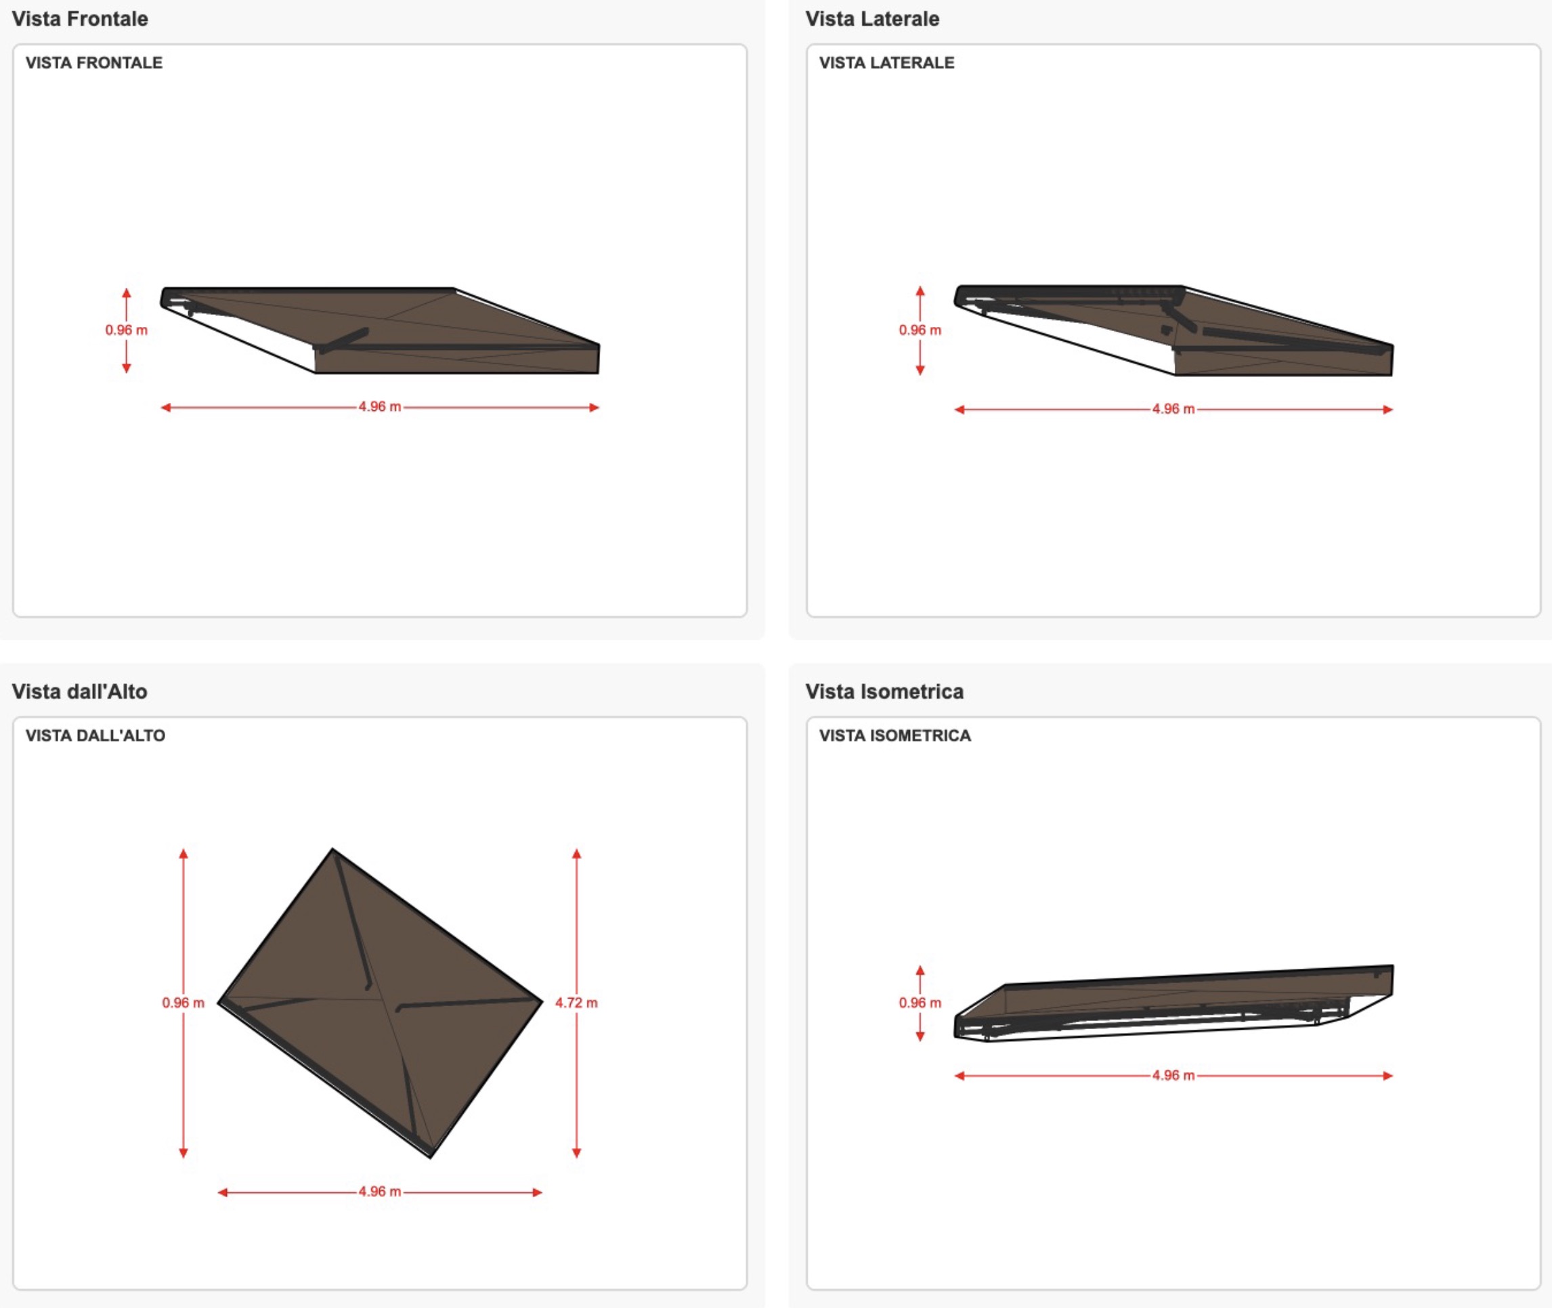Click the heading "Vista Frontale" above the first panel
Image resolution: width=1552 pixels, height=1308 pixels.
(x=80, y=18)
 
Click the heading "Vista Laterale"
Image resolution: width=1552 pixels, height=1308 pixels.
(x=872, y=18)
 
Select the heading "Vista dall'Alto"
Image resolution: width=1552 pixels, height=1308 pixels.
(x=79, y=691)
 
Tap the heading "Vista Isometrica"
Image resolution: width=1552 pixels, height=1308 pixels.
(x=884, y=691)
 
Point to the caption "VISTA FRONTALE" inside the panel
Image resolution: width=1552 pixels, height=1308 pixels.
(x=94, y=63)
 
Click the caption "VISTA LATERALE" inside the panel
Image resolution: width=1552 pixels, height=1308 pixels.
(x=887, y=63)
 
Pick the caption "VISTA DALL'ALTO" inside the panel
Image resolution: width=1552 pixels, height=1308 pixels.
(x=95, y=735)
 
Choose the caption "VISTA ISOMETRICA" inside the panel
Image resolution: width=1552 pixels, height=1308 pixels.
(x=895, y=735)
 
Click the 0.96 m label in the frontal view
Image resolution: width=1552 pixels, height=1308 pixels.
(x=126, y=330)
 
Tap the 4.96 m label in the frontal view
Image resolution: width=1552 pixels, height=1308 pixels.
(x=380, y=406)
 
